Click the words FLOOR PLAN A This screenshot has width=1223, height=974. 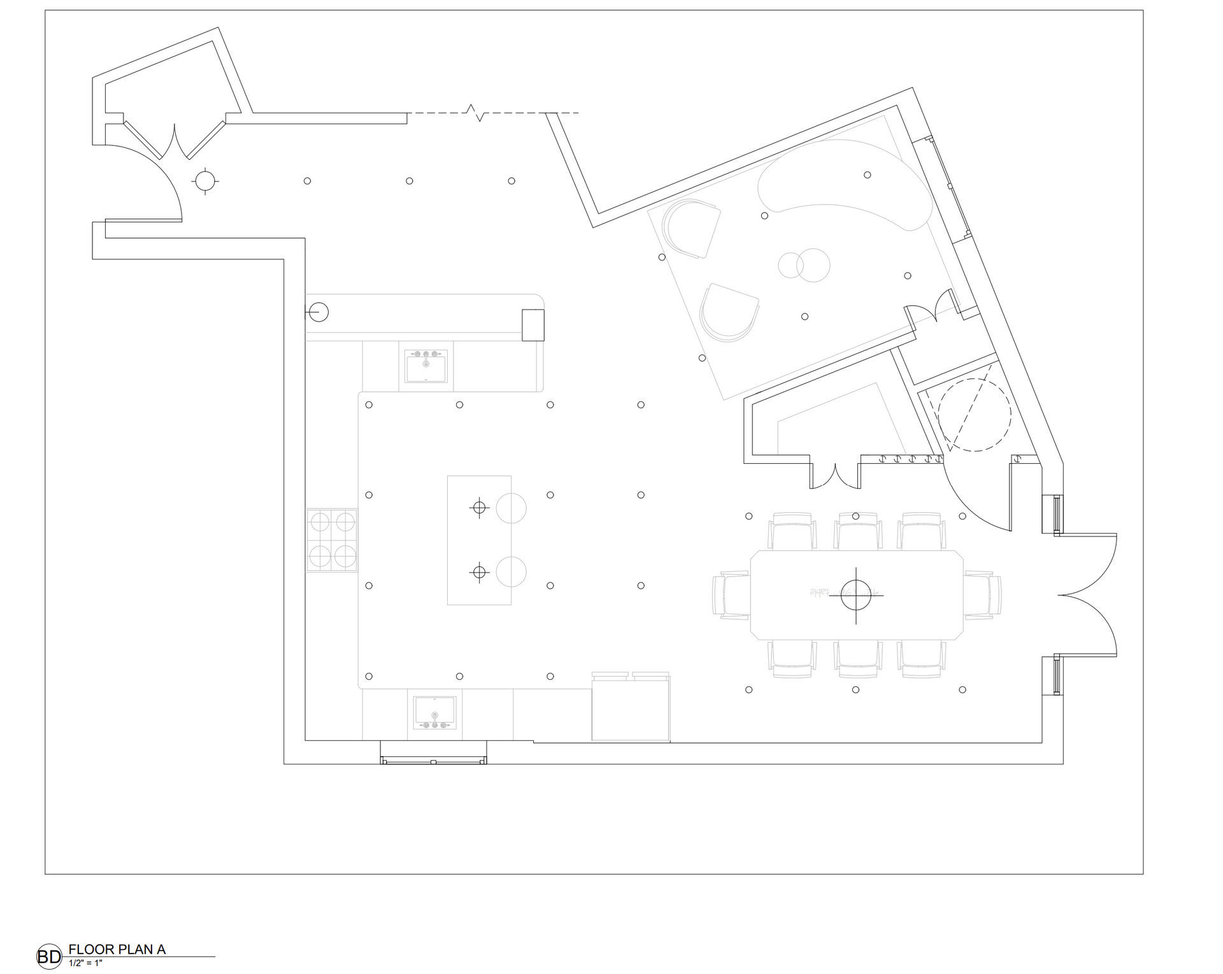pos(117,949)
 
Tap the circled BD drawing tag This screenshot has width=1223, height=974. pos(49,956)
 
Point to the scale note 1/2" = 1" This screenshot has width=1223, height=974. pos(85,963)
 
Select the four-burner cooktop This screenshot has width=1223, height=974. pos(332,540)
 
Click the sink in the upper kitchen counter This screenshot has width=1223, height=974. pos(426,366)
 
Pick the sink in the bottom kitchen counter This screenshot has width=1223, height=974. pos(435,712)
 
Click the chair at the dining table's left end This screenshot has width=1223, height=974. pos(731,594)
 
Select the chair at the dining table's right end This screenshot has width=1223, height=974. pos(982,594)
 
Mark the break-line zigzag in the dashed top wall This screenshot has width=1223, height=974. pos(476,113)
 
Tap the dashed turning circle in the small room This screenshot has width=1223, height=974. pos(974,415)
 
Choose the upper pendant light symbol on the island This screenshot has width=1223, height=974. pos(480,507)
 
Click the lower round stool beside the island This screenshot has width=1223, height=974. pos(511,571)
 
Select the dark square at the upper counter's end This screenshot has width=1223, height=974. pos(533,325)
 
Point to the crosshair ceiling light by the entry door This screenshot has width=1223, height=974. pos(204,181)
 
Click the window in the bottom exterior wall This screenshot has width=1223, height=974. pos(433,759)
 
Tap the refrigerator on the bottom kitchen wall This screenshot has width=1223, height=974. pos(631,707)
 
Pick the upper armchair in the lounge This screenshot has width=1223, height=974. pos(691,227)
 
